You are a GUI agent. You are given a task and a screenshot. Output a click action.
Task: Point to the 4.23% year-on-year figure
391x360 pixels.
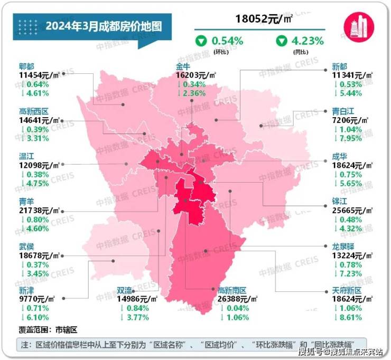(308, 41)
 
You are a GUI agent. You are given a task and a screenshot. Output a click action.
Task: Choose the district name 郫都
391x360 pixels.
(26, 67)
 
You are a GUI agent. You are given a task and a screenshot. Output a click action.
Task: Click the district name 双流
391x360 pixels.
(125, 290)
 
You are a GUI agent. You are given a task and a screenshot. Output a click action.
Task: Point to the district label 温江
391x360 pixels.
(26, 157)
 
